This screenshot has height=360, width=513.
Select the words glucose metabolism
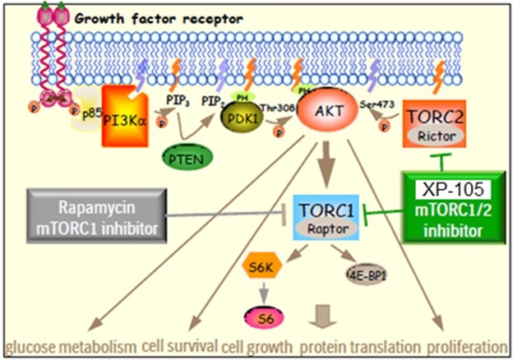coord(69,345)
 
